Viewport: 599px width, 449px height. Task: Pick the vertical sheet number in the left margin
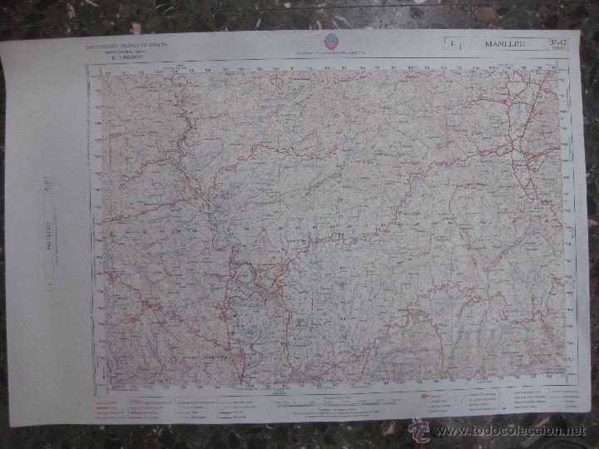47,182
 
